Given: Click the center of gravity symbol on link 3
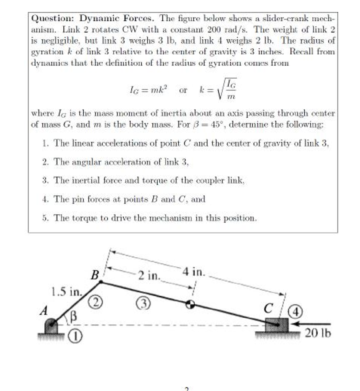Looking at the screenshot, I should point(190,304).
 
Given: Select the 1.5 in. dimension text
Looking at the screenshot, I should point(66,293).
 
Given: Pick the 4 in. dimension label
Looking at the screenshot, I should point(194,272).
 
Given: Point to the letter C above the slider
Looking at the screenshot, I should point(269,308).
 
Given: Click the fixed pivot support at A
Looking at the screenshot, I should point(52,328).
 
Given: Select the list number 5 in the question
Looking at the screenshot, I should point(45,218).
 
